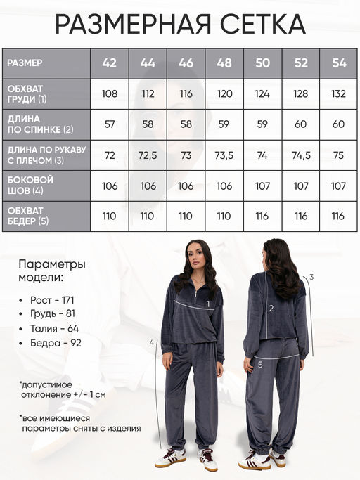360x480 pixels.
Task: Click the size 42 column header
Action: point(110,63)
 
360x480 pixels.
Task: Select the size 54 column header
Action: point(339,63)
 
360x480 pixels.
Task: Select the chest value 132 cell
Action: point(339,93)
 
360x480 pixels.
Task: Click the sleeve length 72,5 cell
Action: point(148,155)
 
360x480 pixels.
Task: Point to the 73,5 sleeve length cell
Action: point(224,155)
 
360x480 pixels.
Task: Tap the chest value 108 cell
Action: point(110,93)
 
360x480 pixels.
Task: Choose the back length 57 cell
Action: point(110,124)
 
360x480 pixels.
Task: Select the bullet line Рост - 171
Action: point(53,300)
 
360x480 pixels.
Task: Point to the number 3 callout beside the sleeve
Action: point(311,277)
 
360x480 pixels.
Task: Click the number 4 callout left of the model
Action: point(151,342)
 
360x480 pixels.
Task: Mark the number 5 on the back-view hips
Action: point(260,364)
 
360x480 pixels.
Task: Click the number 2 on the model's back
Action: point(271,308)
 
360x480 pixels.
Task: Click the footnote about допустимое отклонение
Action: point(63,389)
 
